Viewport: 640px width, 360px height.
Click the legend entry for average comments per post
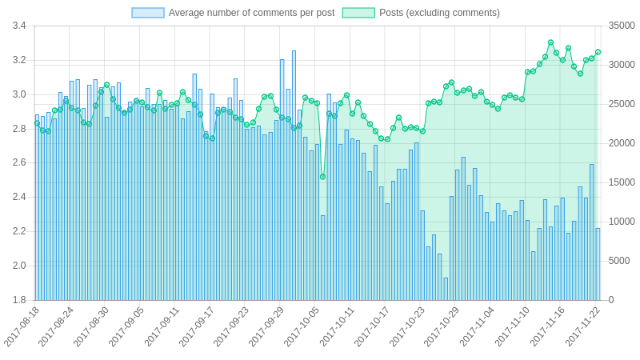[x=233, y=13]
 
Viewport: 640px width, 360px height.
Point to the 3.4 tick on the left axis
[x=19, y=26]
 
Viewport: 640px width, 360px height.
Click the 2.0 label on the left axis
[x=19, y=266]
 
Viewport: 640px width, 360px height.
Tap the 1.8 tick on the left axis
[x=19, y=300]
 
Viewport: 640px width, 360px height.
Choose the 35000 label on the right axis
[x=622, y=26]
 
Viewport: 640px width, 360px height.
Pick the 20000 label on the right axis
[x=622, y=143]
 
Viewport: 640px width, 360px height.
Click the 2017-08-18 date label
[x=22, y=326]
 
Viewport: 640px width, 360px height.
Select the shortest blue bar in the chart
[x=446, y=289]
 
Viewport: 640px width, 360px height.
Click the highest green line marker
[x=550, y=42]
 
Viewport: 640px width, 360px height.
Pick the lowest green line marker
[x=322, y=177]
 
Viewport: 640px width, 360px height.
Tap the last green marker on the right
[x=598, y=52]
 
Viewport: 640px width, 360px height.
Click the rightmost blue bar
[x=598, y=264]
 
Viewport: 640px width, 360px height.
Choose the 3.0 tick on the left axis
[x=19, y=94]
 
